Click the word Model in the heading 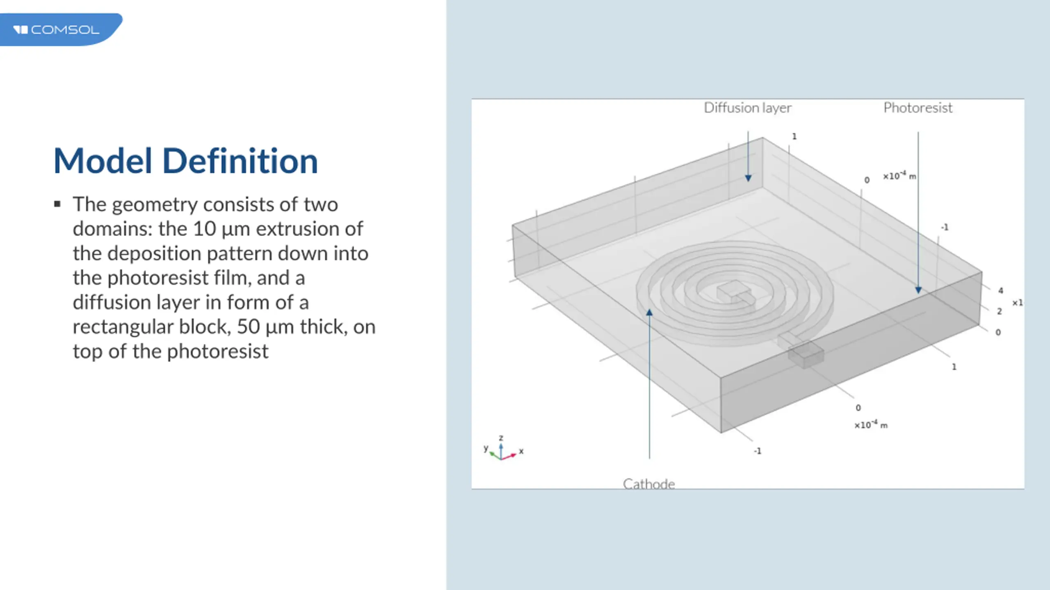point(103,161)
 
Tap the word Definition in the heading point(240,161)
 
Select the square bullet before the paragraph point(57,204)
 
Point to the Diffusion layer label point(748,108)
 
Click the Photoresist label point(918,108)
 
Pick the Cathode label point(649,484)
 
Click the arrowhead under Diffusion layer point(748,178)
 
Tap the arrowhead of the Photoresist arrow point(918,290)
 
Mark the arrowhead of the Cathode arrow point(649,313)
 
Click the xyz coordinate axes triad point(503,448)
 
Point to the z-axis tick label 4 point(1001,290)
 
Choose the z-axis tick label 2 point(1000,311)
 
